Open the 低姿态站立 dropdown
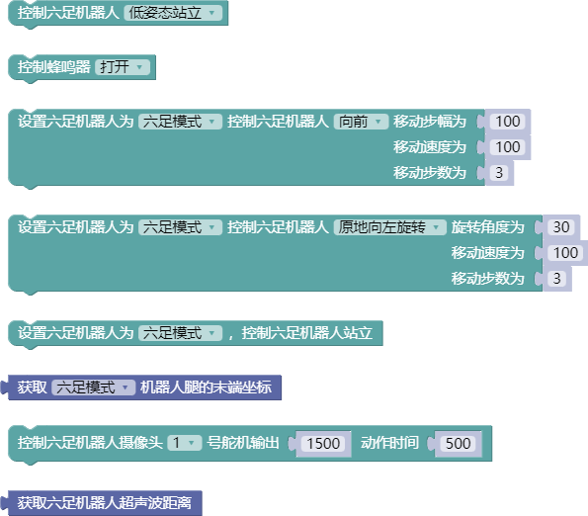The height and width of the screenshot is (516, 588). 173,13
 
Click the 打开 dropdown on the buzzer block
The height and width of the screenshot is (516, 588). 123,67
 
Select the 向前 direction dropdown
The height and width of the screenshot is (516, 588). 361,122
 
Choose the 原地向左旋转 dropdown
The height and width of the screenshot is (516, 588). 390,227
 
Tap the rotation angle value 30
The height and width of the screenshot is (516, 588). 561,227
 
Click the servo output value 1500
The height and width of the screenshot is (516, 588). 323,443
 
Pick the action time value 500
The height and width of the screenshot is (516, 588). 458,443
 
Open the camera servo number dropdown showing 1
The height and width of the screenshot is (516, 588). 185,443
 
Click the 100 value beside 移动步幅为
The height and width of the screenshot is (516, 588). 508,122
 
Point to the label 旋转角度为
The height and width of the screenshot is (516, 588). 487,227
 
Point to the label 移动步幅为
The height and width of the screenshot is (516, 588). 430,122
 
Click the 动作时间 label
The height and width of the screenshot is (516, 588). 389,443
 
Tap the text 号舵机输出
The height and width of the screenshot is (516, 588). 243,443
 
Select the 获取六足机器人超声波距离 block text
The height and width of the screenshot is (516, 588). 105,503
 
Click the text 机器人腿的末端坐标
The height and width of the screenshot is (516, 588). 206,387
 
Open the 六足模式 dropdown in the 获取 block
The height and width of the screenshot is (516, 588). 93,387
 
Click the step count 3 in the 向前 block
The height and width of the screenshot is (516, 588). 499,173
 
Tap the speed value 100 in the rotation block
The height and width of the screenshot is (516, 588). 565,253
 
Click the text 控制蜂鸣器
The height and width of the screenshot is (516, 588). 54,67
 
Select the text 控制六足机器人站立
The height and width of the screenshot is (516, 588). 307,333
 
